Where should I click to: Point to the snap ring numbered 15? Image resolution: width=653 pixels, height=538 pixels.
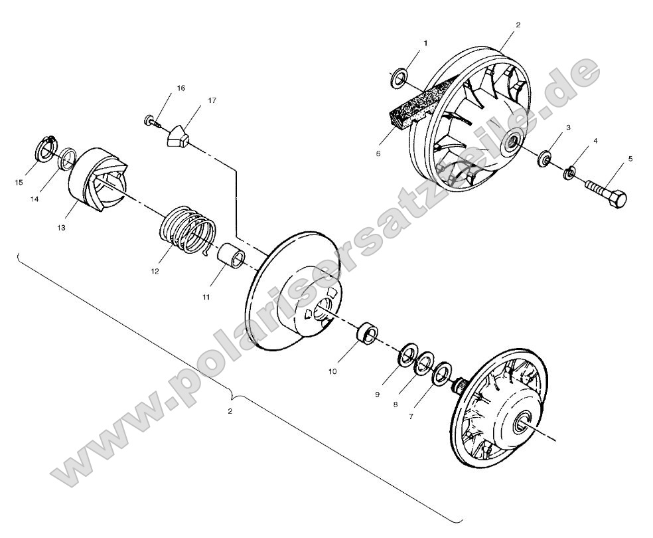44,149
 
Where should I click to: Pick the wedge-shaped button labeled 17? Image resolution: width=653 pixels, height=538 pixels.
177,135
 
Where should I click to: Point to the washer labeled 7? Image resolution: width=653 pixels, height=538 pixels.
441,373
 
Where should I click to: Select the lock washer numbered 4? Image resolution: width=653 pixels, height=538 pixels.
569,173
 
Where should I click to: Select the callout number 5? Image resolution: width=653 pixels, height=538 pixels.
630,159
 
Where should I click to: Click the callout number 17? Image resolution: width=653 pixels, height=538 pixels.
212,100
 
